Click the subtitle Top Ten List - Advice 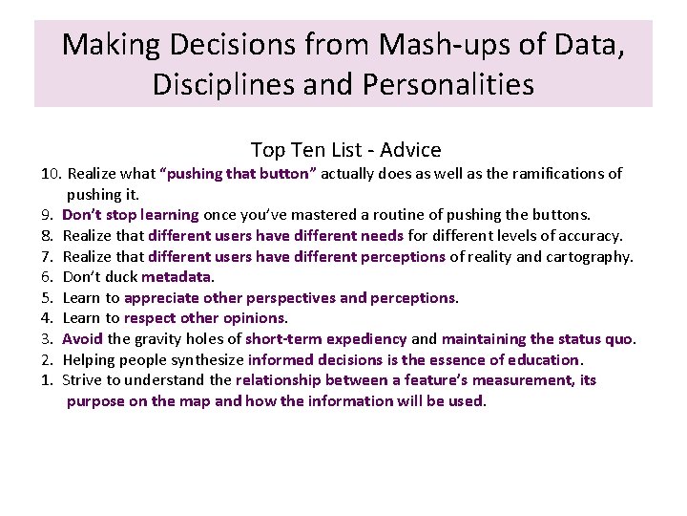coord(345,150)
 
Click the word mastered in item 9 coord(349,215)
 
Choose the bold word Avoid coord(82,339)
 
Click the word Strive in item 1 coord(83,380)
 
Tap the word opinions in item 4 coord(254,318)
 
